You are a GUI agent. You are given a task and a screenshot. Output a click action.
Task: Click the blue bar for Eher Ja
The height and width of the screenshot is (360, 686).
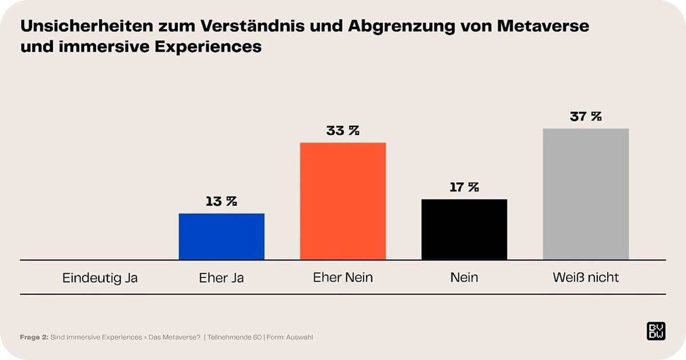[x=222, y=237]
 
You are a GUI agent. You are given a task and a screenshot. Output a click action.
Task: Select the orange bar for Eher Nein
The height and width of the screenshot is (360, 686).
[x=343, y=201]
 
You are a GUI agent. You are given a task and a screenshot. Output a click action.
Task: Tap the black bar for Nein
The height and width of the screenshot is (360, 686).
[x=464, y=229]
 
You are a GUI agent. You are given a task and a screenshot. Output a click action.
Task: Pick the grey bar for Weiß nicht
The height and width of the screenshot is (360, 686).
[x=585, y=194]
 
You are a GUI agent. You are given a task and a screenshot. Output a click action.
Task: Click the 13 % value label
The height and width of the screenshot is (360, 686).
[x=221, y=201]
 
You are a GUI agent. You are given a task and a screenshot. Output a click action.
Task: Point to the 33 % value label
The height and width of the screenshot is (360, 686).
[x=343, y=130]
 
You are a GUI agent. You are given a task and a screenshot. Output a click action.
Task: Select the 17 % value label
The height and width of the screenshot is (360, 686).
[x=464, y=187]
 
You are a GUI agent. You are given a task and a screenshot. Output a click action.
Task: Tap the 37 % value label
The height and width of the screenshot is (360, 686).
[x=585, y=116]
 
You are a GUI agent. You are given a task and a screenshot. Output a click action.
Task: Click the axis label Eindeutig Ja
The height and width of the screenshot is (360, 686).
[x=100, y=278]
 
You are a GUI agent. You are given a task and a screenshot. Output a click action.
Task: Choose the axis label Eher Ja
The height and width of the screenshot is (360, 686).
[x=221, y=278]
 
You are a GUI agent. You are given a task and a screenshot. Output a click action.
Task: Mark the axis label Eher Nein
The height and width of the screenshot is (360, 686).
[x=343, y=278]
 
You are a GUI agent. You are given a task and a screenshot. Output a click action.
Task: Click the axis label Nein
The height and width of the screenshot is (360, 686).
[x=464, y=278]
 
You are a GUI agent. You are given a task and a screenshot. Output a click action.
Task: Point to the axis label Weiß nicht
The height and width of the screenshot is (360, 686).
[x=585, y=278]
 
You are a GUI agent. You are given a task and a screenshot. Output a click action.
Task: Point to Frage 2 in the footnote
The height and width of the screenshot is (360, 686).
[x=34, y=337]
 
